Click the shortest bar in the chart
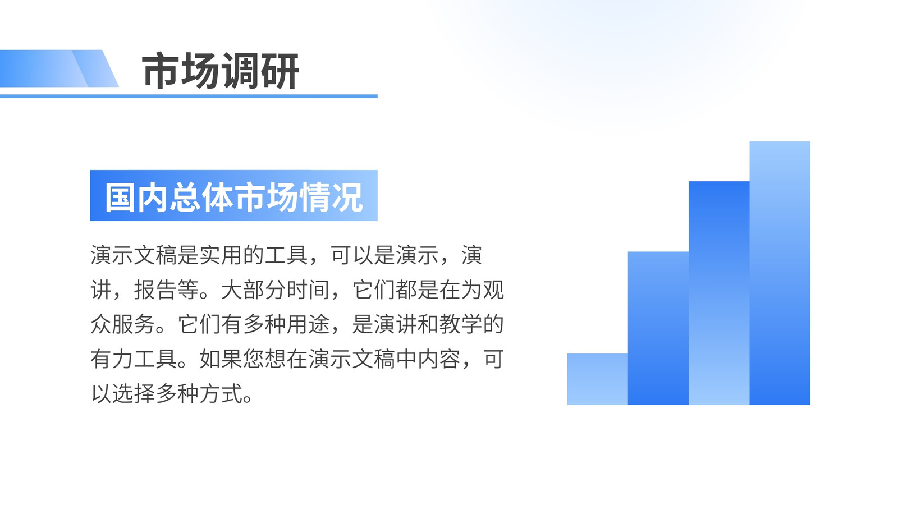597,379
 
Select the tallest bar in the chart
780,273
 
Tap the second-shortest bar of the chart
658,328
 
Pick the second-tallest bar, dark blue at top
719,293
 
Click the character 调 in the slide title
241,71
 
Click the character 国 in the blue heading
120,197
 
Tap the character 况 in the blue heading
347,197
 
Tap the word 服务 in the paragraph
134,324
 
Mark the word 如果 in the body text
221,359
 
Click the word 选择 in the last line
134,393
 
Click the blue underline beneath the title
189,96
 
